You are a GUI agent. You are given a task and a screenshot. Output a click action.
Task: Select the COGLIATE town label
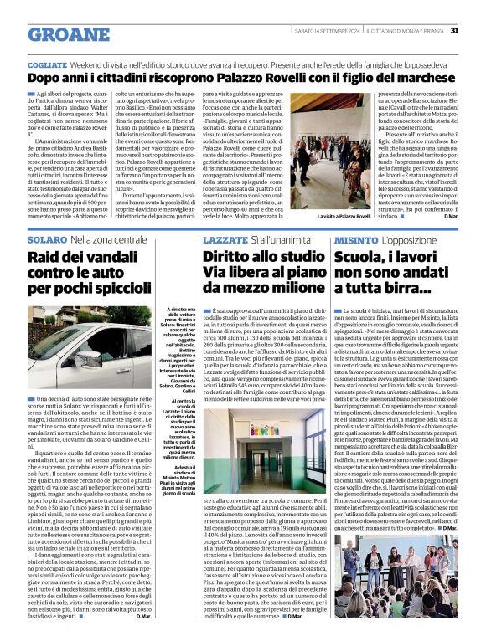(47, 64)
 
